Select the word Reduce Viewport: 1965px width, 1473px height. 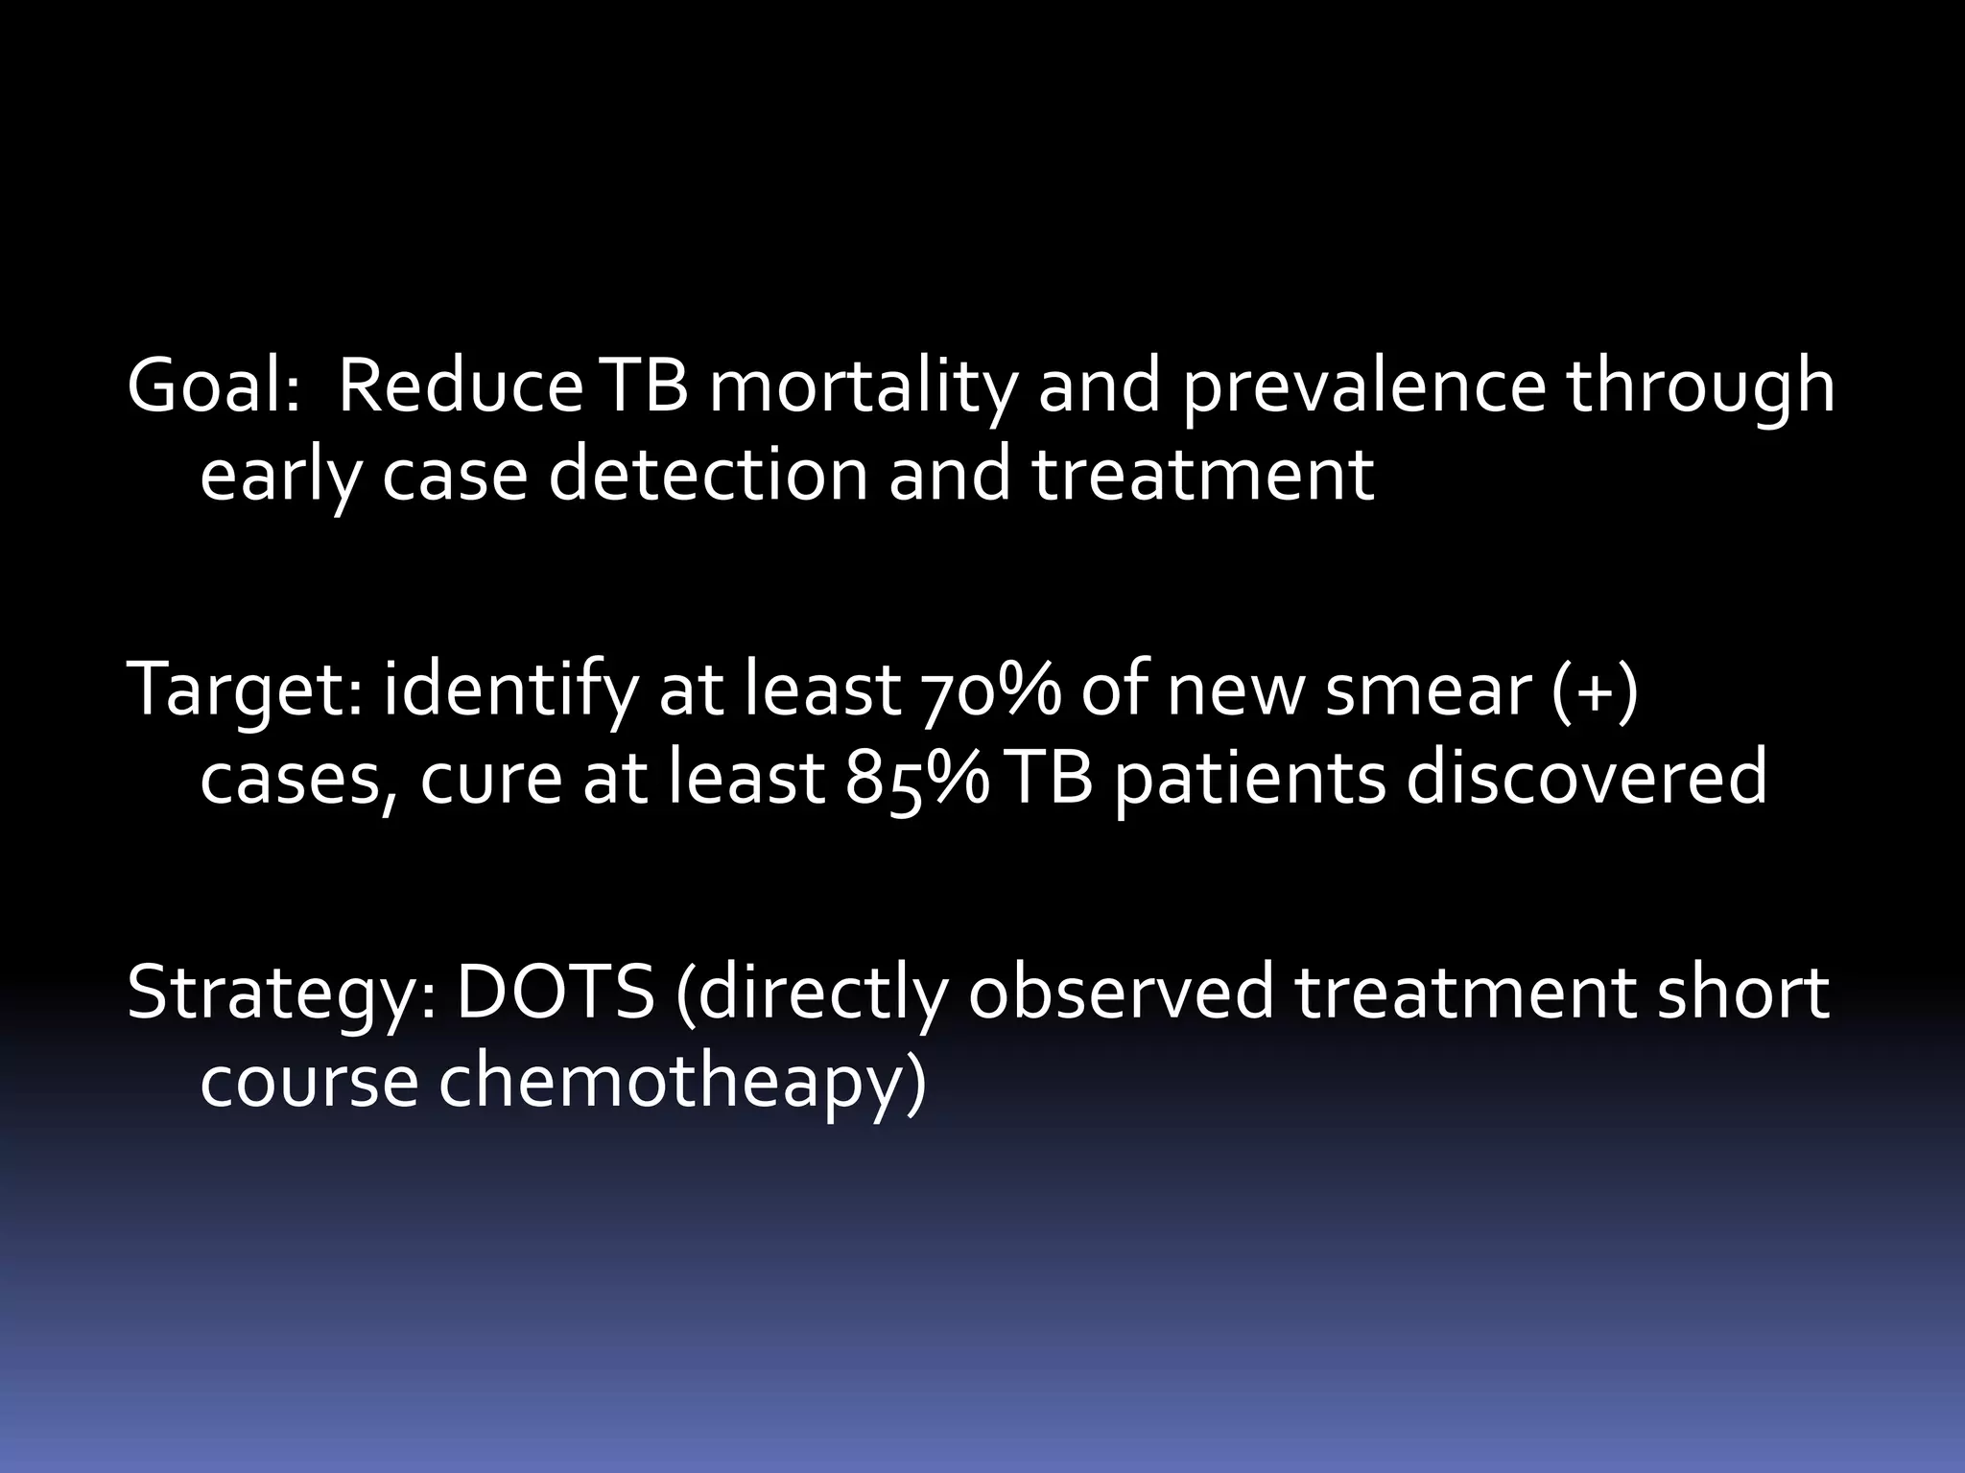[460, 386]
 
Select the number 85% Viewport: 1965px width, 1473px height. [916, 777]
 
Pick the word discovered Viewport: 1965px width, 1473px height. [1586, 777]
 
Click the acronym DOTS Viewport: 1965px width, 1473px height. [554, 994]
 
